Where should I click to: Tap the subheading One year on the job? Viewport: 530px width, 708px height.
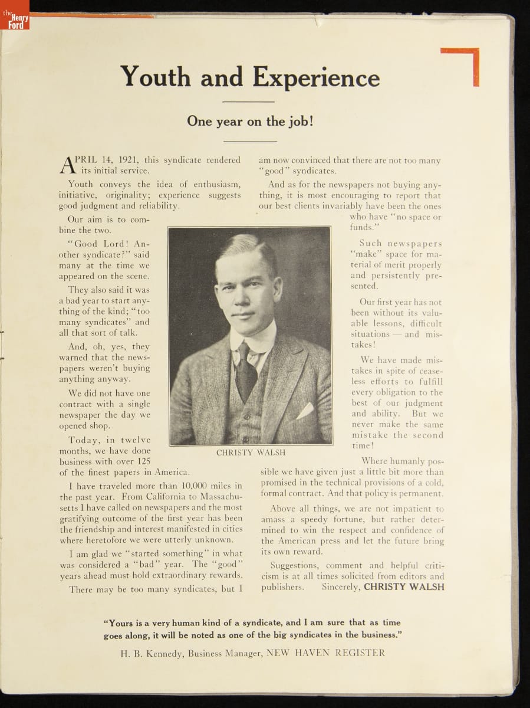(x=250, y=121)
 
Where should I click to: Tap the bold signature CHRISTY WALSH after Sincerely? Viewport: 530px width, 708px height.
(x=404, y=587)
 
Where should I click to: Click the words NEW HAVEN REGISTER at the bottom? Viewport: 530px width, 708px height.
(x=325, y=653)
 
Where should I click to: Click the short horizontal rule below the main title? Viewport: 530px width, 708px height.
(x=249, y=101)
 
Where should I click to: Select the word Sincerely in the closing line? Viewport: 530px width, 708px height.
(x=341, y=587)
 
